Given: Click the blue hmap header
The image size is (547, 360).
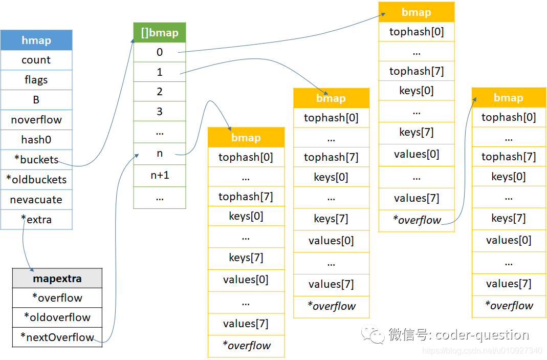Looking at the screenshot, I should click(x=36, y=40).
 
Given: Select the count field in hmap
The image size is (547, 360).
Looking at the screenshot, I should click(x=36, y=60).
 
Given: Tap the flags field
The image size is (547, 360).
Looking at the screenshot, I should click(x=36, y=80).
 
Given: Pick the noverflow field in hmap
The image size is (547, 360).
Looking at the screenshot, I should click(x=36, y=120).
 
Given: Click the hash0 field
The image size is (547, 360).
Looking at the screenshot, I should click(x=36, y=140).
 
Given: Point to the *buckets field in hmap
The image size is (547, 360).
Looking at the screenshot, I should click(x=36, y=160).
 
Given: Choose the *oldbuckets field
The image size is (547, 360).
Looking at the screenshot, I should click(x=36, y=180).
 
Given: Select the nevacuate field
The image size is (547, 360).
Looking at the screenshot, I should click(x=36, y=200).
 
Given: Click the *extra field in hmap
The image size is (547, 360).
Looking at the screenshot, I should click(x=36, y=220).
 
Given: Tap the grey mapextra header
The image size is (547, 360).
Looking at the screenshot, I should click(x=57, y=279).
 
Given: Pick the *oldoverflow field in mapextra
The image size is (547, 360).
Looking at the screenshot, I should click(x=57, y=317).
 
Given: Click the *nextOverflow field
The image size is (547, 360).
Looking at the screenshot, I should click(x=57, y=337).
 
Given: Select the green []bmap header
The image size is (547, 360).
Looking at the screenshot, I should click(x=160, y=33).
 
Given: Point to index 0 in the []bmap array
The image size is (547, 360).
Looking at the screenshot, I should click(x=160, y=52).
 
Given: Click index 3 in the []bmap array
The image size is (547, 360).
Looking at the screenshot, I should click(x=160, y=111).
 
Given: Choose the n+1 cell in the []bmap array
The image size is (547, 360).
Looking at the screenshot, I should click(x=160, y=175).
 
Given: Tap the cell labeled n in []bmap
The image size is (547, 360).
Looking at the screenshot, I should click(x=160, y=154).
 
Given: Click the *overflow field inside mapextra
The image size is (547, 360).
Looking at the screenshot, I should click(x=57, y=298).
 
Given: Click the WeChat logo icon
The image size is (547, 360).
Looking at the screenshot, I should click(x=373, y=335).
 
